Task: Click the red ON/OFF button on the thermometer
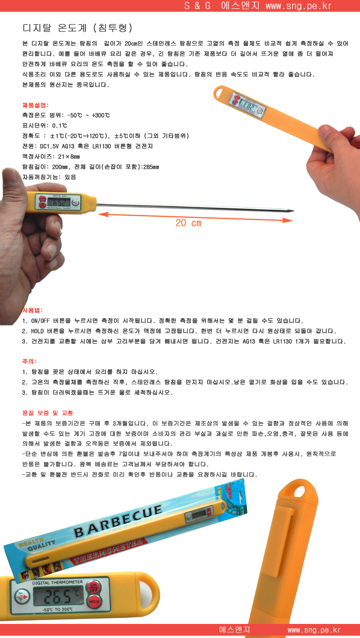coord(94,587)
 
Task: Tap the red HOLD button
coord(94,601)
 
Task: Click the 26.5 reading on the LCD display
coord(58,596)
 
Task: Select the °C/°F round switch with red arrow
coord(22,596)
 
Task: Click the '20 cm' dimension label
coord(188,223)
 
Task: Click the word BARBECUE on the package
coord(118,521)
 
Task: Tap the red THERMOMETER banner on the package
coord(110,551)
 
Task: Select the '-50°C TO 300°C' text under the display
coord(58,609)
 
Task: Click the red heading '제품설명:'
coord(36,105)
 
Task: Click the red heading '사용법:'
coord(32,310)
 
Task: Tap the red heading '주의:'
coord(30,361)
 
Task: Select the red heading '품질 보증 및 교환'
coord(47,413)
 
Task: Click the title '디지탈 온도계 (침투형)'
coord(77,28)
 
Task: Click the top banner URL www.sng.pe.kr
coord(299,6)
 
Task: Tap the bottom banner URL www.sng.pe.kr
coord(314,630)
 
